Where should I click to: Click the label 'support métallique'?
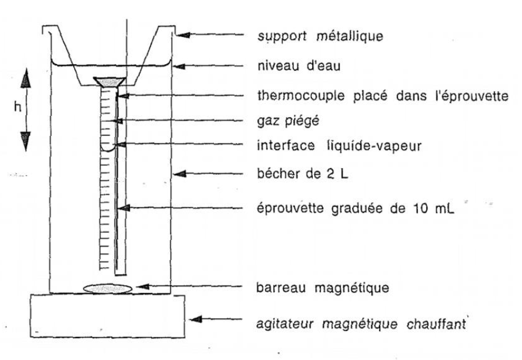coord(320,36)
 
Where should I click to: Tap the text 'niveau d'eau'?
coord(299,66)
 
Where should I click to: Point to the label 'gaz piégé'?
coord(288,121)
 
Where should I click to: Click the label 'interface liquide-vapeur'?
coord(339,146)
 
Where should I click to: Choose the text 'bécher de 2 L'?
coord(302,174)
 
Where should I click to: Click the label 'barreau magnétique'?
coord(323,288)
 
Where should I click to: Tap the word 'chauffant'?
coord(436,324)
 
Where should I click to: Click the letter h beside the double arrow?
coord(18,107)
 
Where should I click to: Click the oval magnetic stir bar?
coord(108,288)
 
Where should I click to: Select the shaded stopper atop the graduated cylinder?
coord(109,82)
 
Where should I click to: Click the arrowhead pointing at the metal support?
coord(183,35)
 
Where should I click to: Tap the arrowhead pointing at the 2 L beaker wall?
coord(180,174)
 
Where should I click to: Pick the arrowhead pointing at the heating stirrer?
coord(196,319)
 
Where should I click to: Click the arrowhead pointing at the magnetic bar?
coord(143,286)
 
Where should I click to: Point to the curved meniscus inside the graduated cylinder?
coord(108,149)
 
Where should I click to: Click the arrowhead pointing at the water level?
coord(179,66)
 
